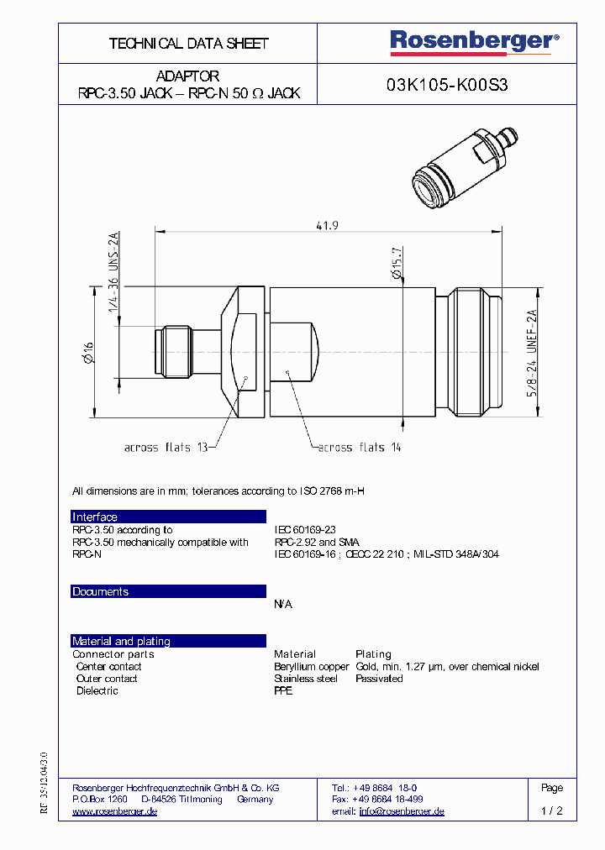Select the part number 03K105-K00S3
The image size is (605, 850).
click(446, 84)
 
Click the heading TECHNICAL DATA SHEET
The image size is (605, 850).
click(188, 43)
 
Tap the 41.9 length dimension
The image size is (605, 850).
click(327, 225)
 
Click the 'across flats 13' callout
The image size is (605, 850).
click(166, 448)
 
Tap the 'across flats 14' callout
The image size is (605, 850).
click(359, 448)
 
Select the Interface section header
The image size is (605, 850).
click(95, 517)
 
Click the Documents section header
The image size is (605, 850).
click(100, 592)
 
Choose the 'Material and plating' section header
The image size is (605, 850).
click(121, 642)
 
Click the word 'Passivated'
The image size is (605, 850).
click(379, 679)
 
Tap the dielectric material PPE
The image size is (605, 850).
click(283, 691)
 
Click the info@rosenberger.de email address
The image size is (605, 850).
click(401, 811)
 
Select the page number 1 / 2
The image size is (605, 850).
click(552, 811)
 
